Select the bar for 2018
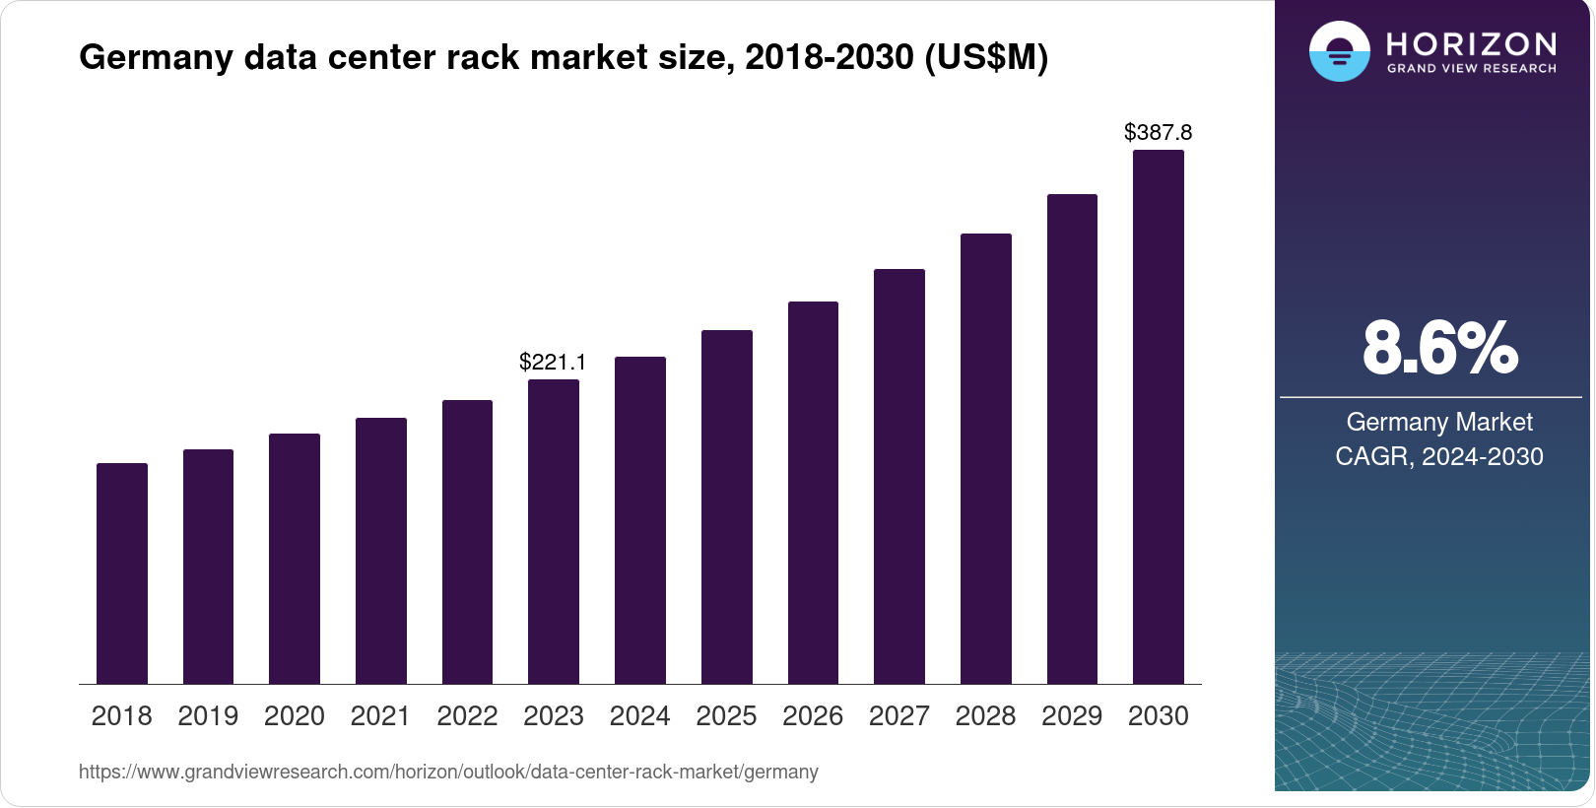122,573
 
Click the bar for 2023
554,532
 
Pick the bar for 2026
813,493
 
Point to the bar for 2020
295,559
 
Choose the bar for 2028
986,458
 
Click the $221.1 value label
553,362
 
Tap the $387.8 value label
1158,132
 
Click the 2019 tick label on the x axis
208,716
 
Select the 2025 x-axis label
726,716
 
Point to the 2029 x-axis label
1072,716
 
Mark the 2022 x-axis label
467,716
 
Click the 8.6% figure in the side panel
1439,348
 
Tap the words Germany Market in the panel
1439,422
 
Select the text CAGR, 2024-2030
1439,456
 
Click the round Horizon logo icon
1339,51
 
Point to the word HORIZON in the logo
1472,43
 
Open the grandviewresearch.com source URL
448,772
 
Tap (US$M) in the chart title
986,57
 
